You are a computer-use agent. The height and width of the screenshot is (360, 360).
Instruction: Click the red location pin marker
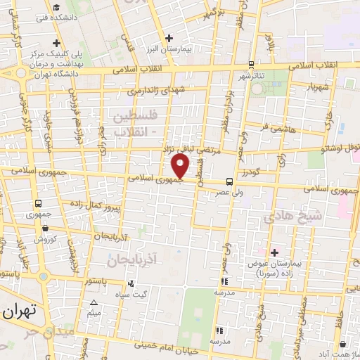point(181,166)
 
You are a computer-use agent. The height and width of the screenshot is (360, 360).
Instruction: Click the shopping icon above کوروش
point(46,228)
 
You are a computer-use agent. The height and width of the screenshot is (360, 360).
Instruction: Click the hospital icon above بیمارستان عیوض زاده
point(274,252)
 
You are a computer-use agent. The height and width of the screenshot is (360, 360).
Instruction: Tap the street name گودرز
point(248,172)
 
